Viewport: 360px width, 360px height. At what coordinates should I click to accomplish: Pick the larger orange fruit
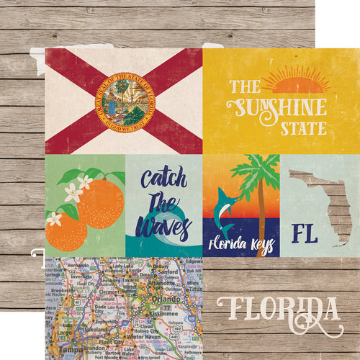tap(100, 203)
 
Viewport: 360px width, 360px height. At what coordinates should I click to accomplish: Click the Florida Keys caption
tap(241, 245)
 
